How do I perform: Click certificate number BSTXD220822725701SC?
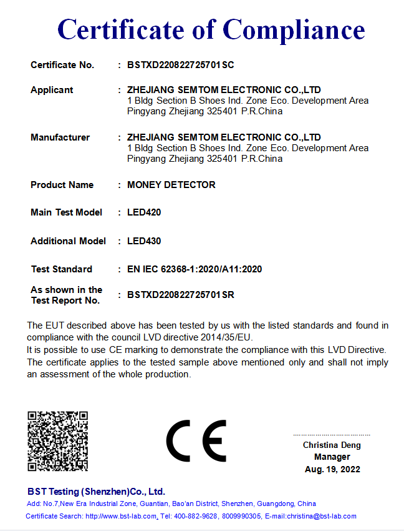tap(180, 65)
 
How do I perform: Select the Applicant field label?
tap(52, 90)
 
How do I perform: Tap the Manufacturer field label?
tap(60, 137)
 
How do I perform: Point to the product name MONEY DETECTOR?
tap(171, 185)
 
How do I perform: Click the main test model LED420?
tap(143, 212)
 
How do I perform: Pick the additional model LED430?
tap(143, 241)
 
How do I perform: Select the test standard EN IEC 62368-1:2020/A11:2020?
tap(194, 269)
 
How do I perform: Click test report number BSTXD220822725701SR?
tap(180, 295)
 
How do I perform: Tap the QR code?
tap(57, 441)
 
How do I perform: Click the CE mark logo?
tap(196, 441)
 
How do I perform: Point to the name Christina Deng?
tap(332, 445)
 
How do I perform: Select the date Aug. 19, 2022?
tap(332, 469)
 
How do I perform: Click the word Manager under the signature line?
tap(332, 457)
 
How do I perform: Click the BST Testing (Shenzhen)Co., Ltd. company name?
tap(96, 492)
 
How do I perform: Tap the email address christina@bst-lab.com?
tap(321, 516)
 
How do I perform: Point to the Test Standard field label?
tap(61, 269)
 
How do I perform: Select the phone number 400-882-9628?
tap(196, 516)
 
